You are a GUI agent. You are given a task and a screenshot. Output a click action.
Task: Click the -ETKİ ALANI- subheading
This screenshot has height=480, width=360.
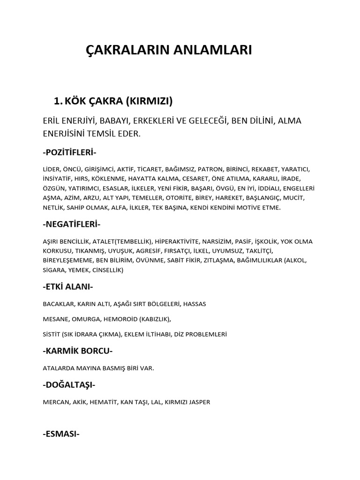pyautogui.click(x=67, y=287)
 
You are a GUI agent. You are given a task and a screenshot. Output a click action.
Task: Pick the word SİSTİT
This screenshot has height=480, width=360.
pyautogui.click(x=51, y=335)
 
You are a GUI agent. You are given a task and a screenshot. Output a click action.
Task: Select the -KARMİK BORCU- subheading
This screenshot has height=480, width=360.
pyautogui.click(x=77, y=351)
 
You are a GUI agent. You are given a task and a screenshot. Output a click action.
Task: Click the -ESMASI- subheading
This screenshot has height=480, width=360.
pyautogui.click(x=61, y=434)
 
